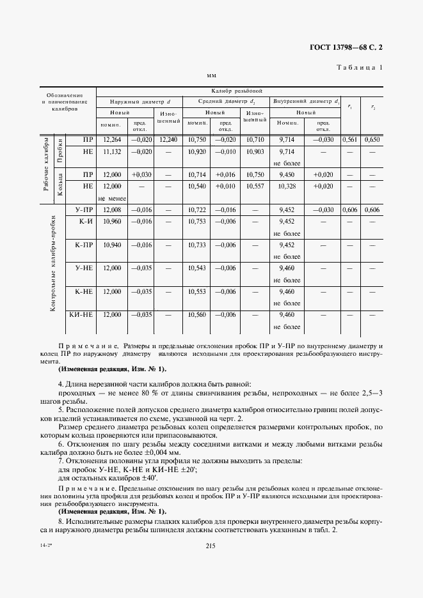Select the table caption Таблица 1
pos(360,67)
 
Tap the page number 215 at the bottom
pos(211,544)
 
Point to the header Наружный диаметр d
pos(140,102)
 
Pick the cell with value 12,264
pos(112,139)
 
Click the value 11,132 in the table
pos(112,151)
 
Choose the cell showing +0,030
pos(141,174)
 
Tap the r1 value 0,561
pos(349,139)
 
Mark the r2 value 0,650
pos(372,139)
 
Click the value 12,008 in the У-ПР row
pos(112,209)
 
